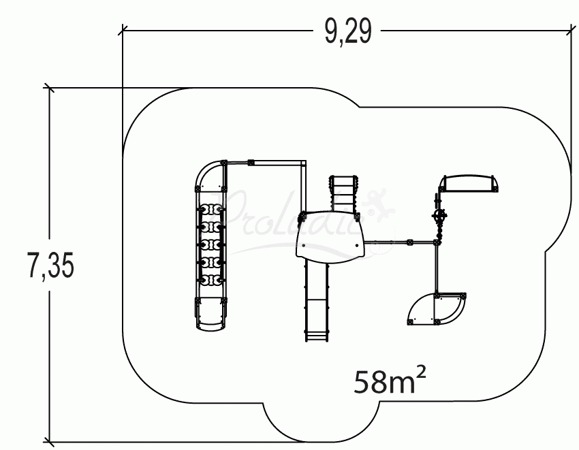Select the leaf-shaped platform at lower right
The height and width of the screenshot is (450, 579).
point(437,309)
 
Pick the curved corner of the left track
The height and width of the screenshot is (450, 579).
point(207,173)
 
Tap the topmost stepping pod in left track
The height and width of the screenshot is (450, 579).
point(211,210)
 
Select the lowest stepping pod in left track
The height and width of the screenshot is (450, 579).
point(211,279)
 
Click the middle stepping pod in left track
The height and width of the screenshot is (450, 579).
point(211,244)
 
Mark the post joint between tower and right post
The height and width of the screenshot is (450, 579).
point(409,242)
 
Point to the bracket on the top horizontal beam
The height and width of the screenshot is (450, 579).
point(251,163)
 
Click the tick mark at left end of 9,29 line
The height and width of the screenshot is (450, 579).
point(123,29)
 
